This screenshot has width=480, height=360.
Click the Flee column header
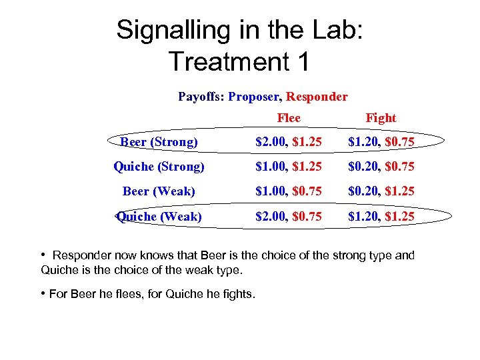289,118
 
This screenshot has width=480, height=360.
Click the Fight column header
381,118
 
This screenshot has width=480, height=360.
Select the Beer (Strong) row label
159,142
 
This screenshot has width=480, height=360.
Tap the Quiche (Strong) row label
159,166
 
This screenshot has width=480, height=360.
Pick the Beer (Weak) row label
159,191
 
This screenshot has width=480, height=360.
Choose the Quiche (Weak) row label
159,216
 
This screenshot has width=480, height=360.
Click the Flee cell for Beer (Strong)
289,142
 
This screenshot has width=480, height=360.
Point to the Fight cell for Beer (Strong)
381,142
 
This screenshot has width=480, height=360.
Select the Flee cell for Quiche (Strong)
289,166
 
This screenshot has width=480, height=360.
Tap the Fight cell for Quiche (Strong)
381,166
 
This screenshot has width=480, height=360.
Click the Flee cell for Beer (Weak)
289,191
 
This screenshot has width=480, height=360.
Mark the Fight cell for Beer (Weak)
381,191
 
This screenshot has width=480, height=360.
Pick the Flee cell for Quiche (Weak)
289,216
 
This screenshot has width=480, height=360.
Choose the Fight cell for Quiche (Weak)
381,216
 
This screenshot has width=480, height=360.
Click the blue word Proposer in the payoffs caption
253,97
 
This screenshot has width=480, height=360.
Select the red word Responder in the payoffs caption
317,97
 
